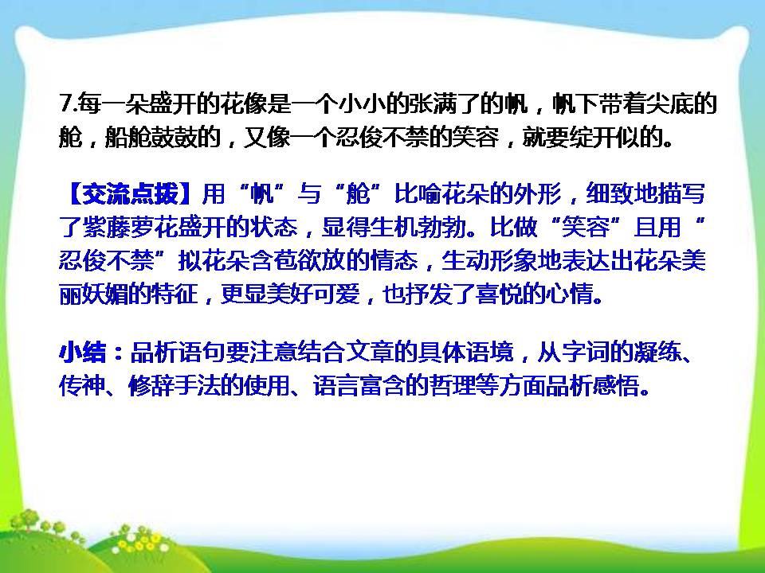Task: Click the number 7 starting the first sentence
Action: (65, 104)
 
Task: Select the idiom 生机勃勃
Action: (406, 229)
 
